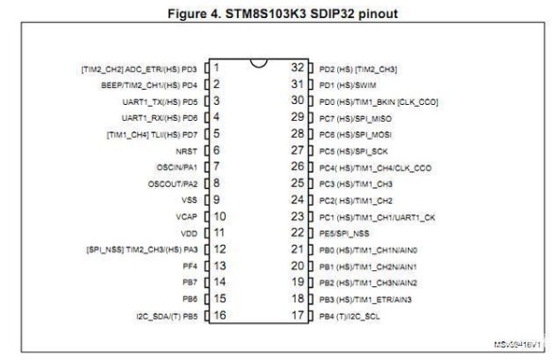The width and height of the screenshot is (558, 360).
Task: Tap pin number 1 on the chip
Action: [x=217, y=67]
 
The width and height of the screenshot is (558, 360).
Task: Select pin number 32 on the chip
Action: [x=297, y=67]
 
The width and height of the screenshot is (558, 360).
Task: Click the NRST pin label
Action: [x=186, y=150]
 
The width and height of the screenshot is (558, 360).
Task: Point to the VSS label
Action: [x=188, y=199]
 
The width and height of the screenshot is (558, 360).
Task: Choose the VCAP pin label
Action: [x=186, y=216]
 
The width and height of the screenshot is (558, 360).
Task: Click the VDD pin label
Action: [x=188, y=232]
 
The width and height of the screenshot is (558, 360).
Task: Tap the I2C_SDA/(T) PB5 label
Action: [x=166, y=316]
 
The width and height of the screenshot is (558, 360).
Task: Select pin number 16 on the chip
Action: [x=219, y=316]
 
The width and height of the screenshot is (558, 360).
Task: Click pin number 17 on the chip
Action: [x=297, y=316]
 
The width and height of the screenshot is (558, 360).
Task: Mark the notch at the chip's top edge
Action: [x=258, y=62]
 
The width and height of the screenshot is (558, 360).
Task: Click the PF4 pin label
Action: [x=189, y=266]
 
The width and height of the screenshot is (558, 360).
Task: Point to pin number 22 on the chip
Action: [x=297, y=232]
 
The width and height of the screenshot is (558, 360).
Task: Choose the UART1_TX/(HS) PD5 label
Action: [x=159, y=100]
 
